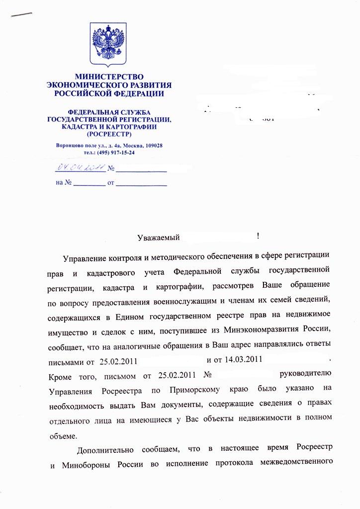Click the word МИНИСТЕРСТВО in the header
(x=109, y=77)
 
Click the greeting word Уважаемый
(x=158, y=238)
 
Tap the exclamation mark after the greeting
(x=259, y=236)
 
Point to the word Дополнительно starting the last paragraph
(x=105, y=450)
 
